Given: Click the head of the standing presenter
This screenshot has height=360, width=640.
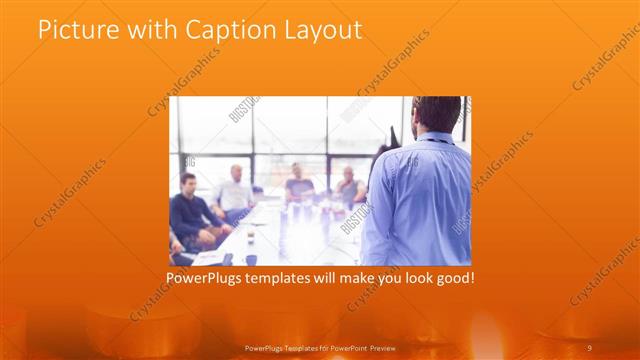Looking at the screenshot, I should pyautogui.click(x=436, y=116).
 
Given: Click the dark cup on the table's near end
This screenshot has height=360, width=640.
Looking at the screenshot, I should pyautogui.click(x=251, y=257).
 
